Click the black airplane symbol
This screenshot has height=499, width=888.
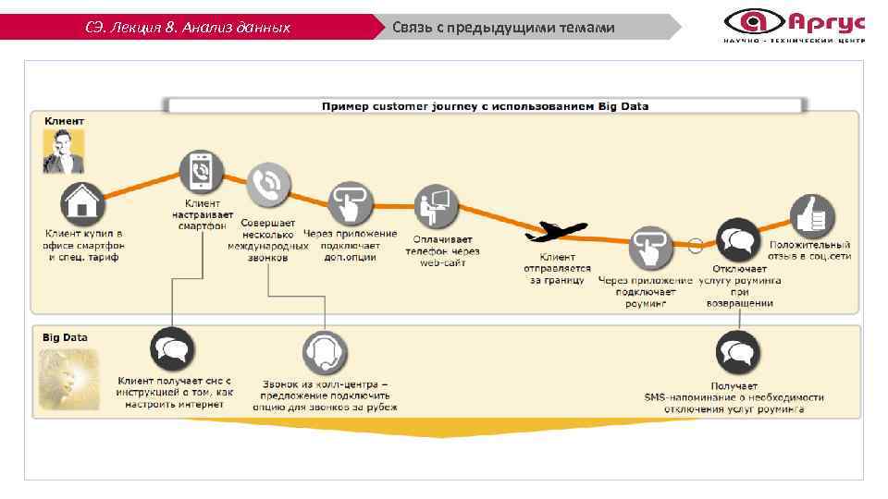(x=561, y=231)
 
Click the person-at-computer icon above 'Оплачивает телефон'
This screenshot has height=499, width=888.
(x=437, y=206)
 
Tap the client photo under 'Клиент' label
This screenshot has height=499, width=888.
(x=63, y=151)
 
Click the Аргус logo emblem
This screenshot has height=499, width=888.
(x=751, y=20)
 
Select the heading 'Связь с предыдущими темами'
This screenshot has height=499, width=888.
(x=503, y=28)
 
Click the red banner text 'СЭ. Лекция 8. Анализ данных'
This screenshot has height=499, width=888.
(x=188, y=28)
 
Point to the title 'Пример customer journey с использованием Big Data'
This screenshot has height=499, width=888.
(x=485, y=106)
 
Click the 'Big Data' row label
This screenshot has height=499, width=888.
(x=65, y=337)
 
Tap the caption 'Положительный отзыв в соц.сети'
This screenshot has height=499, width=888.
(x=809, y=250)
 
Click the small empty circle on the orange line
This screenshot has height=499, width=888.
(x=695, y=245)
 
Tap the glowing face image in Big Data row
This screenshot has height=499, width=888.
(x=63, y=376)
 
